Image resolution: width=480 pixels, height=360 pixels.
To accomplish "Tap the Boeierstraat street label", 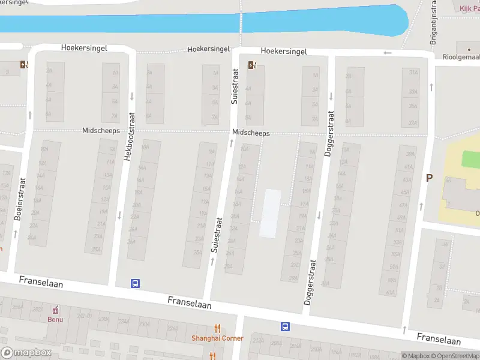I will [x=18, y=200].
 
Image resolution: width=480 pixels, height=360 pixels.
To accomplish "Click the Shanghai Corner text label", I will [x=217, y=338].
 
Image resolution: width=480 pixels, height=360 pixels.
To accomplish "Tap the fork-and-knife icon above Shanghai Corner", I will [x=217, y=328].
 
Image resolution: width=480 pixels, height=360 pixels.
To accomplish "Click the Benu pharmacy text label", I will [x=55, y=319].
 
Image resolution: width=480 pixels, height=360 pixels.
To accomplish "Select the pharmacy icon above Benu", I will [x=55, y=310].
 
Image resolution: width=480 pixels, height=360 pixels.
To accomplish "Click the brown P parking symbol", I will [x=429, y=178].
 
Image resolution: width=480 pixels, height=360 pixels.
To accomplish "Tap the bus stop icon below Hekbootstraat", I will [x=136, y=283].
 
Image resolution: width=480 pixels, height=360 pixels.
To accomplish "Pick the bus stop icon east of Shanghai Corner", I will [x=285, y=327].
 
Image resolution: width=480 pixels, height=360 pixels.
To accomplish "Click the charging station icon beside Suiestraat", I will [x=251, y=65].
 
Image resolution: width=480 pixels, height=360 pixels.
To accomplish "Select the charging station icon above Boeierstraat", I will [x=23, y=65].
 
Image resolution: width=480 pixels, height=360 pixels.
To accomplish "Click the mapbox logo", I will [x=26, y=353].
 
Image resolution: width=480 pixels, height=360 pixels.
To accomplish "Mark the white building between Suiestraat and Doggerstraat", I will [x=271, y=212].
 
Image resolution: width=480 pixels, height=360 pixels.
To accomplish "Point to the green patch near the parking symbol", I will [x=471, y=160].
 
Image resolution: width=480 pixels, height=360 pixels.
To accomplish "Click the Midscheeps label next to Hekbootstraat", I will [x=101, y=131].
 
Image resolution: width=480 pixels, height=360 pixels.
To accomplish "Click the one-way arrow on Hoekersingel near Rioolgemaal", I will [x=388, y=52].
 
